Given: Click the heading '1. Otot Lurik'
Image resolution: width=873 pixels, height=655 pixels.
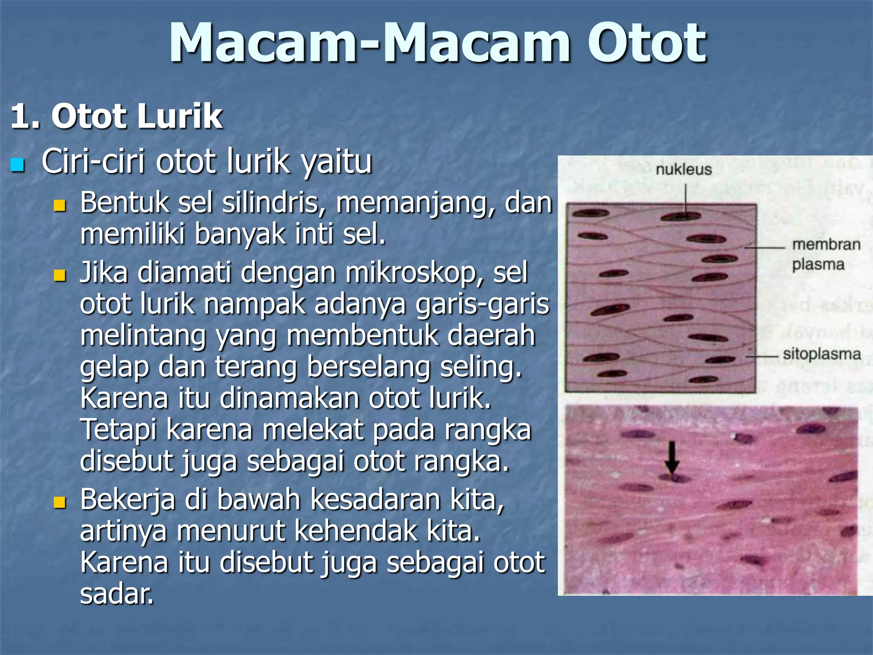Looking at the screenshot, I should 116,116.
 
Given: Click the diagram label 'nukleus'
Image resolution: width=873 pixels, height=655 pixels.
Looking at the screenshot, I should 683,170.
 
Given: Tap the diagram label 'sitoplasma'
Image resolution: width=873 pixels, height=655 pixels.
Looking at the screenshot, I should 821,354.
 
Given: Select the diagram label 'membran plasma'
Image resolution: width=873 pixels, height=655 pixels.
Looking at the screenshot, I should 826,255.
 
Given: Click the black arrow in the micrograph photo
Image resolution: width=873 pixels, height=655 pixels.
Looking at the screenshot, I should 672,458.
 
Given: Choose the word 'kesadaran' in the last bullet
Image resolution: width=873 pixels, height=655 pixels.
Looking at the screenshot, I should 374,500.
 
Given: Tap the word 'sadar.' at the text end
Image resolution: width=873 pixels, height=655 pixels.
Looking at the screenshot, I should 116,594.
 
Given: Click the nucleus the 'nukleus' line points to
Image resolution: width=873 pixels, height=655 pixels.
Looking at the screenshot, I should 680,216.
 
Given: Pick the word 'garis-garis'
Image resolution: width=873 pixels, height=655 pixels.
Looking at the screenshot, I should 483,304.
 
